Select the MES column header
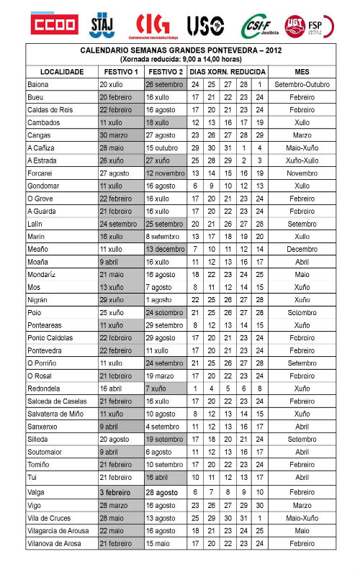(302, 72)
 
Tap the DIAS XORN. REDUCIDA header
(228, 72)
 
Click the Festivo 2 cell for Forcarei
(165, 173)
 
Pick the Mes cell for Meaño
(302, 248)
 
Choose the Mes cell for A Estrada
(302, 160)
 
